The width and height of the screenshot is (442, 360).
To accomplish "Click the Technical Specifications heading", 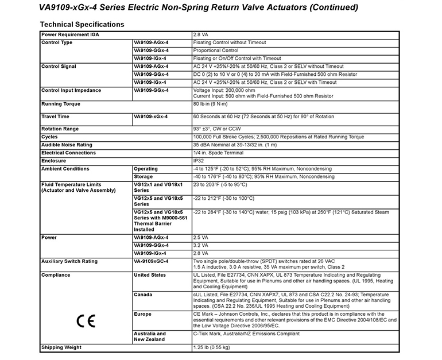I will tap(82, 24).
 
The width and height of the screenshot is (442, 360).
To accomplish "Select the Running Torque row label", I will tap(60, 104).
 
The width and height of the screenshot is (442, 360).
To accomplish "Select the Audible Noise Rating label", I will tap(67, 145).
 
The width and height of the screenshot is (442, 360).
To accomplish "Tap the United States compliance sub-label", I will tap(149, 275).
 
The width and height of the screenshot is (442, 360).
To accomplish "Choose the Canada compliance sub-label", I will tap(142, 295).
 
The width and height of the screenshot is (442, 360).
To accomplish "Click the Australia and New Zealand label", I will tap(149, 336).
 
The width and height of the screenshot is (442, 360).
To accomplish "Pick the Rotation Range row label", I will tap(60, 129).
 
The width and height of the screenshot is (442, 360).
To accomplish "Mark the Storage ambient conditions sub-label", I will tap(144, 177).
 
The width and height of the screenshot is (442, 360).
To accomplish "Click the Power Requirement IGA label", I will tap(70, 34).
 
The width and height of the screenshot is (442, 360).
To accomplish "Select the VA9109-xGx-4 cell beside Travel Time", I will tap(150, 117).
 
